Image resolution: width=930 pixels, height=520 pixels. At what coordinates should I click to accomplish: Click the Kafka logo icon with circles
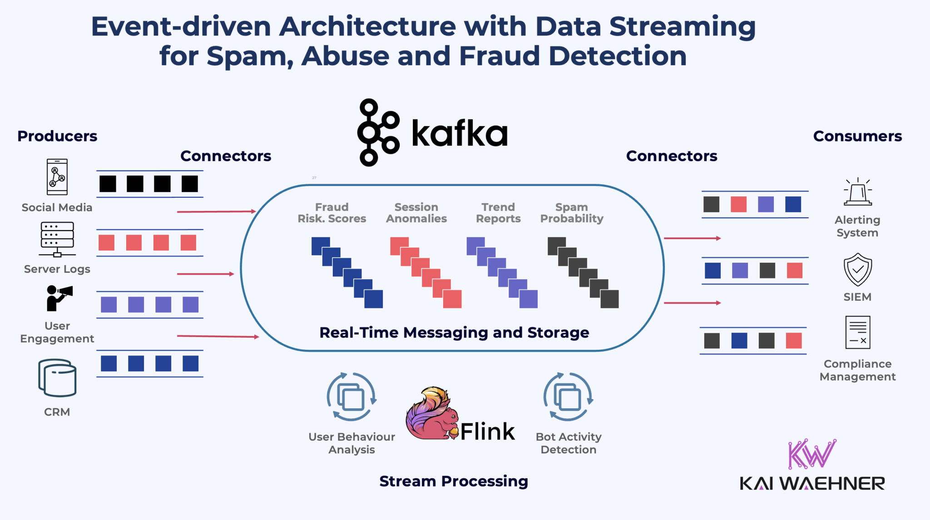(378, 132)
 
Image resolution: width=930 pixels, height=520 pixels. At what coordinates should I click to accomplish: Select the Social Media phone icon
(57, 177)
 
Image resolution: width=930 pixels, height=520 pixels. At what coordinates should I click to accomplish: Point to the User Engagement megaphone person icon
(59, 298)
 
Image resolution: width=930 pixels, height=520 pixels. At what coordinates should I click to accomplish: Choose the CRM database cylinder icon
(57, 378)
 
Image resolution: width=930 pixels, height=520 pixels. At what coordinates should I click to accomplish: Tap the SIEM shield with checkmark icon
(857, 270)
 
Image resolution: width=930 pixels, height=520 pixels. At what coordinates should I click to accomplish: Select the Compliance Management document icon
(857, 332)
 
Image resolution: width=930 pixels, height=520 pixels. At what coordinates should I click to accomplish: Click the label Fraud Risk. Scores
(332, 213)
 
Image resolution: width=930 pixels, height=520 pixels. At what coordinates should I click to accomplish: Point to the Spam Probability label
(572, 213)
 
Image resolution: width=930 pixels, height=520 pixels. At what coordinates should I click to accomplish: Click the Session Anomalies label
(416, 213)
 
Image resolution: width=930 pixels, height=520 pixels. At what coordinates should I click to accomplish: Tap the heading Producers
(57, 136)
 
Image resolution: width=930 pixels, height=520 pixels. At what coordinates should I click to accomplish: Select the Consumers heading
(857, 136)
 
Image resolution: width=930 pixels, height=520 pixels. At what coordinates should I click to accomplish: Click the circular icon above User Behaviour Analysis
(351, 397)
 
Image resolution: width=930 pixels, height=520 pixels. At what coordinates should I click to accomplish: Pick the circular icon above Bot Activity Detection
(568, 397)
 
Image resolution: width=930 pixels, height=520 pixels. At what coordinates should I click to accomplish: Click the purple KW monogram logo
(811, 454)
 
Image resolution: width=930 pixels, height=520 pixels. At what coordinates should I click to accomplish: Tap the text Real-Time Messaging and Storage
(454, 333)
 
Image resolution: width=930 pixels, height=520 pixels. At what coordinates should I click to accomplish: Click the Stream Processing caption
(454, 481)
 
